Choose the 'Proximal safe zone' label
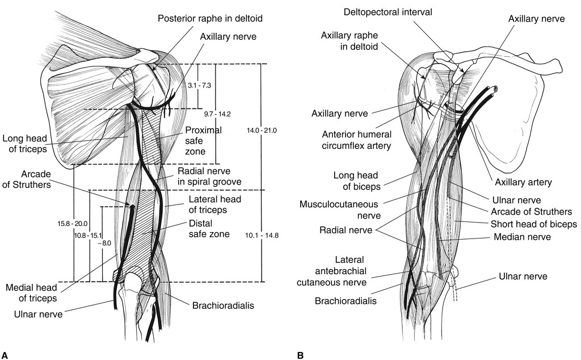[x=202, y=141]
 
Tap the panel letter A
[x=5, y=355]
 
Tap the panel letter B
[x=300, y=355]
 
